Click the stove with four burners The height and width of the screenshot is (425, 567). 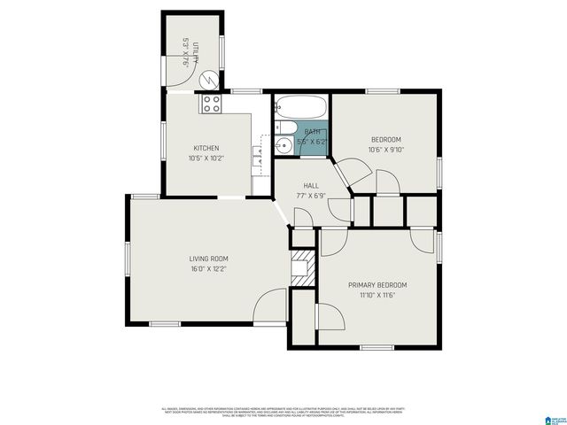211,104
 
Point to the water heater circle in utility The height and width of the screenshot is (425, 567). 207,80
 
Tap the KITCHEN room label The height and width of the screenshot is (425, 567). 206,148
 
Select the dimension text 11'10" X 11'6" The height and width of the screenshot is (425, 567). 377,295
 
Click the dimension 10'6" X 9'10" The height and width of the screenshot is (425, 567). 385,150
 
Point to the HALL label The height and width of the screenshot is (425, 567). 311,186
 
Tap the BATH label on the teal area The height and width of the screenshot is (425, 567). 312,132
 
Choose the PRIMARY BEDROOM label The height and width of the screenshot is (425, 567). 377,285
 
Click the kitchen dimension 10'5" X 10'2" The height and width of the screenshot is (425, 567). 206,158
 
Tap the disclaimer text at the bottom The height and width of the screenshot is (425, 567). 283,413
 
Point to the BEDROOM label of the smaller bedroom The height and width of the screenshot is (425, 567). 385,140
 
